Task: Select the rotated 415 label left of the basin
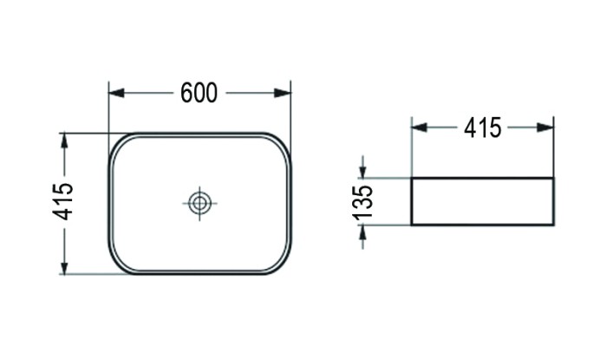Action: tap(63, 202)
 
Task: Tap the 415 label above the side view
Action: tap(482, 128)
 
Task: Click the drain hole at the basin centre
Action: tap(199, 204)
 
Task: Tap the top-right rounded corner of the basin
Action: tap(282, 142)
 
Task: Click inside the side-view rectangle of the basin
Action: tap(482, 201)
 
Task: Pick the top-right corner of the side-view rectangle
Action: tap(553, 178)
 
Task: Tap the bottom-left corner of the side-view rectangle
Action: tap(411, 225)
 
